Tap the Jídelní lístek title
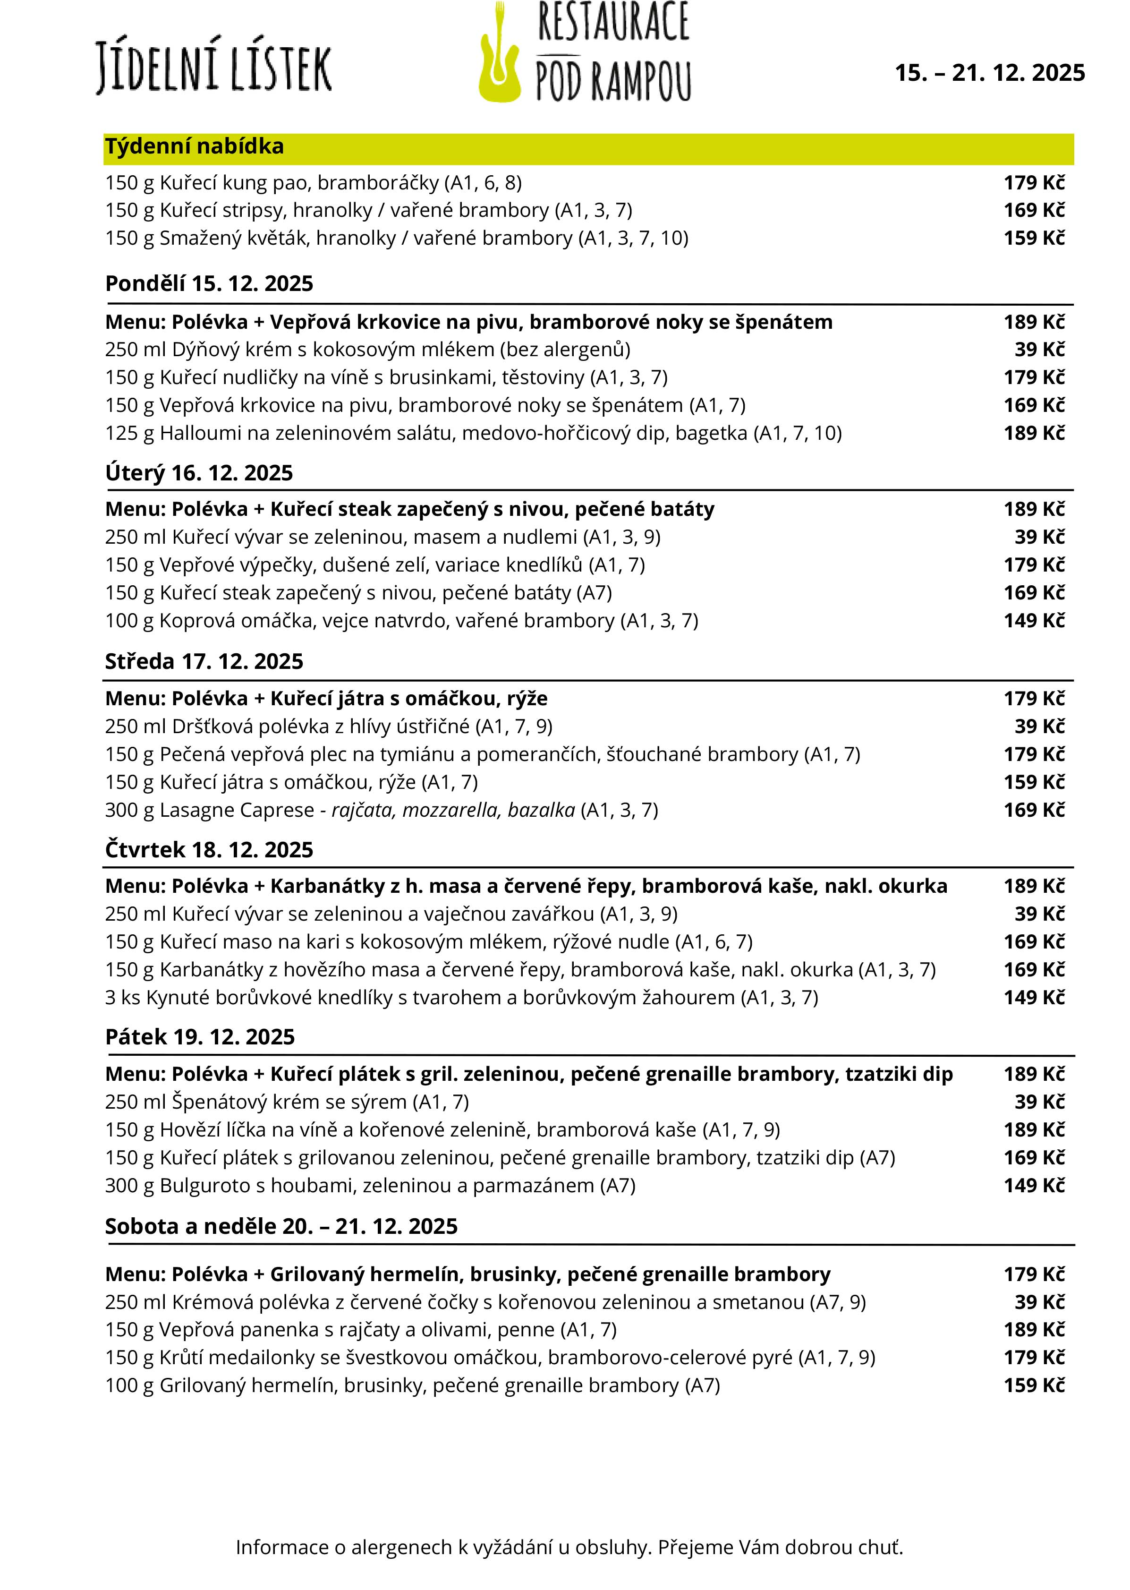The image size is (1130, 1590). tap(213, 68)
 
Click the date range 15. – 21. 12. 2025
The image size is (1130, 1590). tap(989, 73)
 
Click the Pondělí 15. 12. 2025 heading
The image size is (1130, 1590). tap(209, 284)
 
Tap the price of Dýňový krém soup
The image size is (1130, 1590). tap(1039, 350)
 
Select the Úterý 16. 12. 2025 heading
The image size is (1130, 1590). tap(199, 473)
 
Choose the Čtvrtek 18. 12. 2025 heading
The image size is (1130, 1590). tap(209, 850)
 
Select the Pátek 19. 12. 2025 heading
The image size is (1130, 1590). tap(200, 1037)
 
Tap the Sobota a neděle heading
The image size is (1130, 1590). tap(281, 1226)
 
